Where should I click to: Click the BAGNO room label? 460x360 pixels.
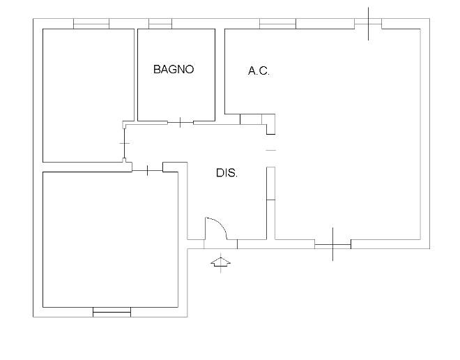coord(174,69)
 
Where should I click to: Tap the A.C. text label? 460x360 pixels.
coord(259,71)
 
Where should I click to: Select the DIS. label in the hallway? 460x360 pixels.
coord(227,172)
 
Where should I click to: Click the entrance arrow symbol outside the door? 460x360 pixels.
coord(221,262)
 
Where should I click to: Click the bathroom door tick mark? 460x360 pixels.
coord(180,122)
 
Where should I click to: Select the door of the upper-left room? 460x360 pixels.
coord(125,143)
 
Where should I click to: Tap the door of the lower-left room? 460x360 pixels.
coord(147,171)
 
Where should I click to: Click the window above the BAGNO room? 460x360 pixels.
coord(160,24)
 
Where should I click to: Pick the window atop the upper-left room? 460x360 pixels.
coord(91,24)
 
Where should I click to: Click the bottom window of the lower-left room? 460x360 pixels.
coord(112,312)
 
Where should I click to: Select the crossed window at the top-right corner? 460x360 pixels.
coord(368,24)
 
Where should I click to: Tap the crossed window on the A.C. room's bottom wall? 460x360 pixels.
coord(333,244)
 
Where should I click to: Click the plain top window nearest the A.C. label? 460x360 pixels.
coord(277,24)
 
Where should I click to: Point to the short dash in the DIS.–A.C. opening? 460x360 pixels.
coord(271,150)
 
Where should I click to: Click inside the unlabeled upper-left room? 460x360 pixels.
coord(88,96)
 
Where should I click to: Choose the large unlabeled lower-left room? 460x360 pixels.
coord(110,239)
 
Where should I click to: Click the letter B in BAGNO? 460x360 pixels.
coord(157,69)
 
